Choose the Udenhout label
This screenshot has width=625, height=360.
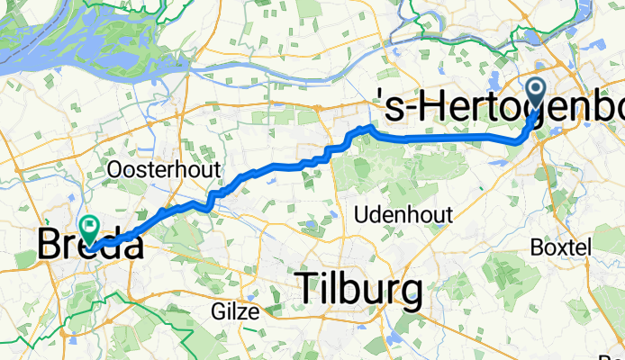point(403,215)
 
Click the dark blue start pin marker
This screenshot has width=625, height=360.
point(538,93)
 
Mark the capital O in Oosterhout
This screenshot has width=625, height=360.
point(114,169)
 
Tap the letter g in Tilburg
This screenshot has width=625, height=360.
point(410,294)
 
